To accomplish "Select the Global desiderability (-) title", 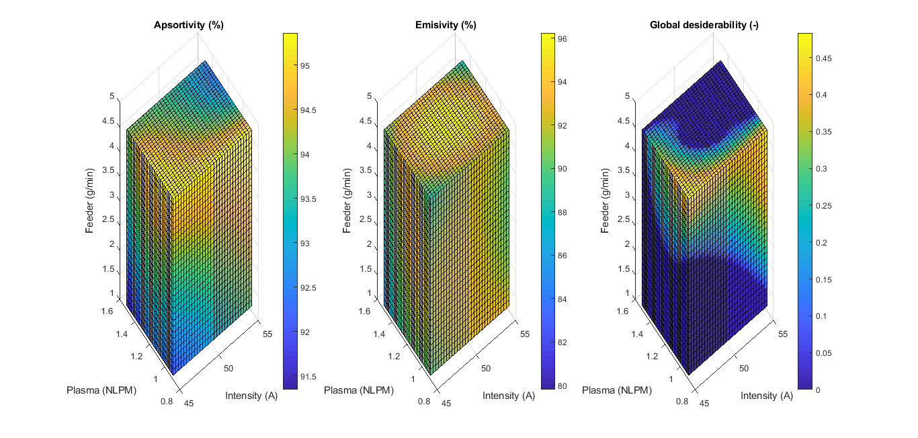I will (704, 25).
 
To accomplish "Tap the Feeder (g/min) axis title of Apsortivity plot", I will (90, 196).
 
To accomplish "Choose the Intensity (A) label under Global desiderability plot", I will (767, 396).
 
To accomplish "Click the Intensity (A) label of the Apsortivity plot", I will (251, 396).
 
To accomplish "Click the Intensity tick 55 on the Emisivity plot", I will (524, 333).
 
